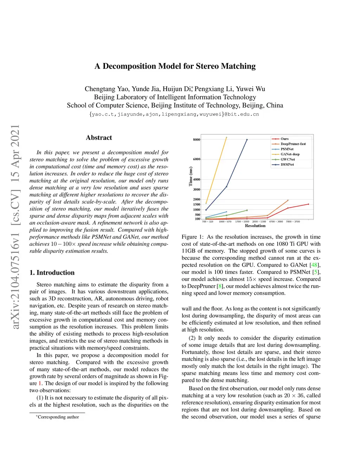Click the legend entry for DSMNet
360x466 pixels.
pos(287,165)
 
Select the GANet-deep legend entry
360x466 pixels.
pos(290,154)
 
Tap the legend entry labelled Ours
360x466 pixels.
pos(284,139)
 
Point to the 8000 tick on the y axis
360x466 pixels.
pos(197,140)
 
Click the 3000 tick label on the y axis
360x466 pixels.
pos(197,190)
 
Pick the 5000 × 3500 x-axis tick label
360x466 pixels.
pos(292,222)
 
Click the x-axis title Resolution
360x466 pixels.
pos(255,226)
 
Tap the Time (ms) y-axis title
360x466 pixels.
pos(191,176)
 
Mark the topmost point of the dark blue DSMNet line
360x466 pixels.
pos(247,140)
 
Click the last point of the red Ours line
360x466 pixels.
pos(308,204)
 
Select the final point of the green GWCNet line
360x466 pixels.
pos(247,210)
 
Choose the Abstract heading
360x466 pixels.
pos(99,138)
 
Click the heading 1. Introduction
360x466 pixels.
pos(52,273)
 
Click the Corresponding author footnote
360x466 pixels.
pos(58,417)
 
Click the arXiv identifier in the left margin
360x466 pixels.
pos(15,226)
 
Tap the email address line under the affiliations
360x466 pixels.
pos(174,114)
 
